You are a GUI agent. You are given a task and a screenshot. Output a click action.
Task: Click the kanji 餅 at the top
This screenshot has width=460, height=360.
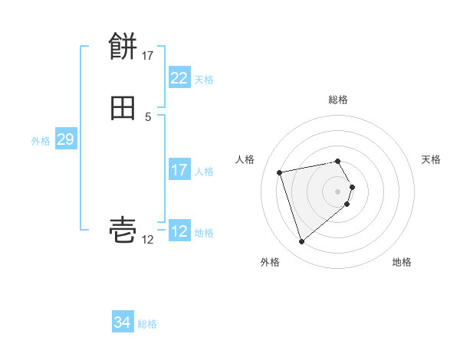[x=123, y=47]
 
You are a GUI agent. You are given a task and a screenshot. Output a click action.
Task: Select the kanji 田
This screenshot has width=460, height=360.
[x=123, y=108]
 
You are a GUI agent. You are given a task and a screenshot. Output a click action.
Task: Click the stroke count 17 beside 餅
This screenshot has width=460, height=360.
[x=148, y=56]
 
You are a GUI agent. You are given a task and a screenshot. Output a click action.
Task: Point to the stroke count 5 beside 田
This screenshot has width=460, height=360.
[x=148, y=116]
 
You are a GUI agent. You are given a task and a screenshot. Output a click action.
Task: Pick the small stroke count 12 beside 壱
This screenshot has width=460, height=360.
[x=148, y=240]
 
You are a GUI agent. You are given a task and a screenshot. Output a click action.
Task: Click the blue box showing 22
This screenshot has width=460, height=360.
[x=179, y=78]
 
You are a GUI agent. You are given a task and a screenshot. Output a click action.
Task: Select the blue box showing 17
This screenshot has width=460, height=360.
[x=179, y=170]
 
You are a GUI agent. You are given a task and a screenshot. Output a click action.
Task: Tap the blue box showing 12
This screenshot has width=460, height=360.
[x=179, y=231]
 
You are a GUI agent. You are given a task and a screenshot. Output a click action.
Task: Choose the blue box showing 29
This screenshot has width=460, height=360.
[x=65, y=140]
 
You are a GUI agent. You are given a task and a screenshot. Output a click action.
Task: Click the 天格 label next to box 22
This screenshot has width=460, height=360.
[x=204, y=80]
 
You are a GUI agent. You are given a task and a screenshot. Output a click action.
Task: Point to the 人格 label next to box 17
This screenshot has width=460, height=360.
[x=204, y=172]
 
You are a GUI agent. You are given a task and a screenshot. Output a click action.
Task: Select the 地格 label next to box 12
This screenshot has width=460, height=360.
[x=204, y=233]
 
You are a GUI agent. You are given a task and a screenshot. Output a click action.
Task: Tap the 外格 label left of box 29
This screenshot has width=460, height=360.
[x=41, y=141]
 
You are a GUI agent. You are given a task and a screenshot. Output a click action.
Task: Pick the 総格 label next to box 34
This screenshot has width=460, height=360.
[x=147, y=324]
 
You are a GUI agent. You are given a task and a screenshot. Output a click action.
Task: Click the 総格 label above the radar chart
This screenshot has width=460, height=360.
[x=338, y=100]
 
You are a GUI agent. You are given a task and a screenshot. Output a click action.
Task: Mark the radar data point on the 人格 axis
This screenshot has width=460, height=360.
[x=280, y=172]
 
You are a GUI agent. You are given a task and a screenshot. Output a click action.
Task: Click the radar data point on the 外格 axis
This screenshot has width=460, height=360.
[x=302, y=242]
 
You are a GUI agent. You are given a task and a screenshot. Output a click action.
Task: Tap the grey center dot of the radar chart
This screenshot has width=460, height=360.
[x=338, y=191]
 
